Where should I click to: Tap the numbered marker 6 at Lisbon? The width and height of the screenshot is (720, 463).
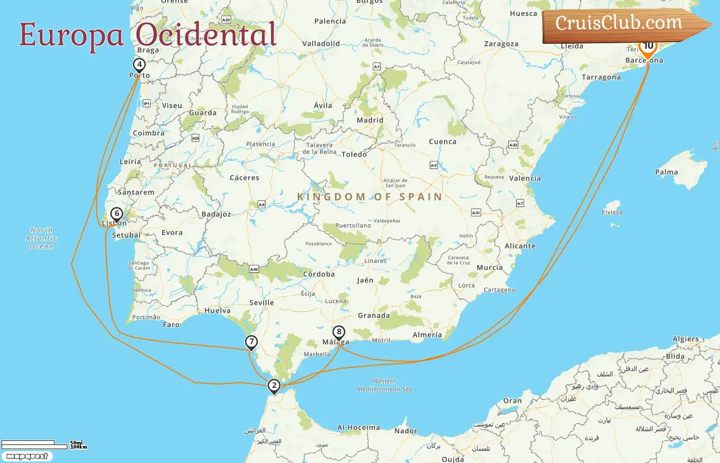tap(117, 213)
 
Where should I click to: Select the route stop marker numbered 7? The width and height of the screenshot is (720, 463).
tap(251, 342)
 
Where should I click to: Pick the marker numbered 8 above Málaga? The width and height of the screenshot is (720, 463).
tap(338, 332)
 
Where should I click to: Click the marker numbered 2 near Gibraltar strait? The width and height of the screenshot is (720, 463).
tap(274, 385)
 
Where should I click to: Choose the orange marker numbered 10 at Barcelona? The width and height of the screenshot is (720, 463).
tap(648, 46)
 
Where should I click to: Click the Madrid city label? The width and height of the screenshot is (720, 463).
tap(370, 120)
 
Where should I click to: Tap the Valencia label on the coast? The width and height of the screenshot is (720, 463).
tap(525, 179)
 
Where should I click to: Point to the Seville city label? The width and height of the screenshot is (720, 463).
tap(261, 302)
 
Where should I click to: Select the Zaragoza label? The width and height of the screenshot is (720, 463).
tap(501, 44)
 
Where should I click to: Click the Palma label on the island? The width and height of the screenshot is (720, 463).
tap(666, 172)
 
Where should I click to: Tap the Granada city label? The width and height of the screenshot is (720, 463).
tap(373, 315)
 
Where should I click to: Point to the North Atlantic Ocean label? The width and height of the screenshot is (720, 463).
tap(41, 238)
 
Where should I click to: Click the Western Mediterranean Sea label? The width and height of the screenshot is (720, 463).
tap(385, 385)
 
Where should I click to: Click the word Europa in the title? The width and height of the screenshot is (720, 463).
tap(71, 35)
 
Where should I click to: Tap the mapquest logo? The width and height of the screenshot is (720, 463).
tap(27, 456)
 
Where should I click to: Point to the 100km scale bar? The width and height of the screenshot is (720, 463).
tap(34, 446)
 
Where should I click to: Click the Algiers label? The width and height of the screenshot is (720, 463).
tap(686, 339)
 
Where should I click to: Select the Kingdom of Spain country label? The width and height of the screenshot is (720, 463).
tap(370, 197)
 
